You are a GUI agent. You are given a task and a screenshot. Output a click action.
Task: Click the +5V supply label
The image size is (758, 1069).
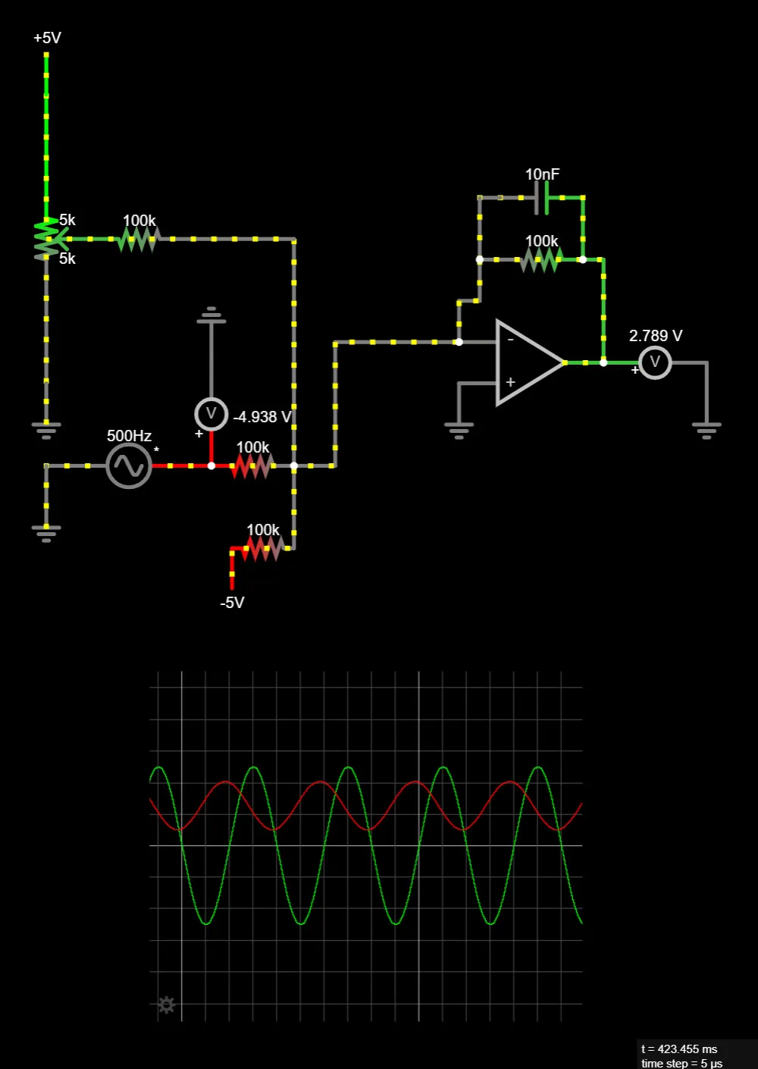coord(47,38)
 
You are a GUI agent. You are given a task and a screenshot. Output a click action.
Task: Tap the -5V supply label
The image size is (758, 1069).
coord(232,603)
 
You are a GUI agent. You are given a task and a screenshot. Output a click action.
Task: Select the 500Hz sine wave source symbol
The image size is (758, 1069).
coord(129,466)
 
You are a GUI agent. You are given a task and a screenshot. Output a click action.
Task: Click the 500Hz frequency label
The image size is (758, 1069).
coord(129,436)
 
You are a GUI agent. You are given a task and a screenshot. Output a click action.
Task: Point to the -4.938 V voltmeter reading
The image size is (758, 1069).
coord(262,417)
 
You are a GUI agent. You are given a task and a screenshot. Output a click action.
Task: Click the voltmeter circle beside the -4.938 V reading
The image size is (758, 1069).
coord(211,414)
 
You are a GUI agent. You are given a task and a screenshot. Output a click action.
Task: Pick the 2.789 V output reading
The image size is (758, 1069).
coord(656,336)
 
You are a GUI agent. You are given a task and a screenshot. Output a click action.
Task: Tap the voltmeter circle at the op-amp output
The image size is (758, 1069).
coord(655,362)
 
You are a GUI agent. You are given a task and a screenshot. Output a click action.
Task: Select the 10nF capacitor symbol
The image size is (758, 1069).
coord(541,198)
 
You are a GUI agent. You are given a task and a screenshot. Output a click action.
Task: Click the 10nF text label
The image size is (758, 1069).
coord(542,174)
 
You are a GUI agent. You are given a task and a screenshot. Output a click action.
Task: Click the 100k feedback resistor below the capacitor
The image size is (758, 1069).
coord(540,260)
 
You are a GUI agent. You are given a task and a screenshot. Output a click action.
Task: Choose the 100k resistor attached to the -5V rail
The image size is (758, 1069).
coord(263,547)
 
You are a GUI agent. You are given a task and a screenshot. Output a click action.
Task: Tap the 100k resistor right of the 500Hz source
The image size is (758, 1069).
coord(252,466)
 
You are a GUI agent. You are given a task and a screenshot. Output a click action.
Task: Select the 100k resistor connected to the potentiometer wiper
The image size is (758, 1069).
coord(138,240)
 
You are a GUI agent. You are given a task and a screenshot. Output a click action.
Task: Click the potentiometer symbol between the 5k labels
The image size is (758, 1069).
coord(47,239)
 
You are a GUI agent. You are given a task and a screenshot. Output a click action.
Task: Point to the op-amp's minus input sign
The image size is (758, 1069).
coord(510,340)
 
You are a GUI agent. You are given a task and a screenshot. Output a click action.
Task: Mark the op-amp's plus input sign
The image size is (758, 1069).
coord(510,382)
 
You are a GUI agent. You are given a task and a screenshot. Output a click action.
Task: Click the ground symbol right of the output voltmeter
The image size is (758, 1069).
coord(706,431)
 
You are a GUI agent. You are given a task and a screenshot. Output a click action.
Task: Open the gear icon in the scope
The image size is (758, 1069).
coord(167,1005)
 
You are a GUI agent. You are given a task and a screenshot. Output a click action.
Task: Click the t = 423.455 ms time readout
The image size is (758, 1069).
coord(679,1049)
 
